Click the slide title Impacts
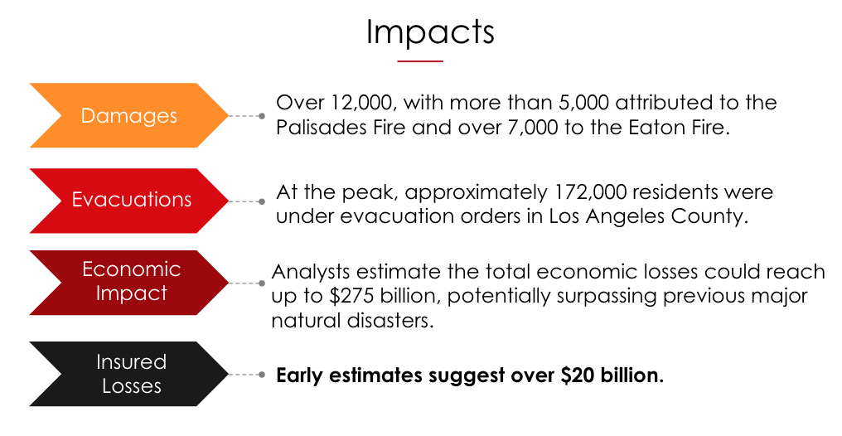(429, 33)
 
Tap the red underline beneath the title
(420, 61)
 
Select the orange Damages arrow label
(129, 115)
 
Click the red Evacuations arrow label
(129, 201)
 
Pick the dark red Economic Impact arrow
(129, 283)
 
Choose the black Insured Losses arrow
(129, 374)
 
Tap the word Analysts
(311, 272)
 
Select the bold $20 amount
(578, 375)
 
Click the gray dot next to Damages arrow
(262, 116)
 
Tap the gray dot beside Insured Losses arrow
(262, 375)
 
